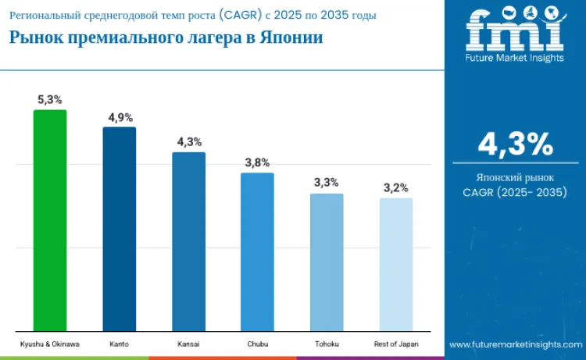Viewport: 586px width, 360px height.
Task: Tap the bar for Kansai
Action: tap(188, 241)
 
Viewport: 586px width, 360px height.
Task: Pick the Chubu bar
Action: tap(257, 251)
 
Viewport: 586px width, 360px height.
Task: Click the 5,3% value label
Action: tap(50, 100)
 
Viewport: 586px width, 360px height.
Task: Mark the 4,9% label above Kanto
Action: tap(120, 117)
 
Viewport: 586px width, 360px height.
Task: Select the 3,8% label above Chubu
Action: tap(257, 162)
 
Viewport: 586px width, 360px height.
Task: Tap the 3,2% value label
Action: tap(395, 188)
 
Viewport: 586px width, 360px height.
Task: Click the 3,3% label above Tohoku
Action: tap(327, 183)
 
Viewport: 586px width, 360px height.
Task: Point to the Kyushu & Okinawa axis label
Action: tap(50, 344)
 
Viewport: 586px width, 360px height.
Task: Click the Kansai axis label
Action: tap(188, 344)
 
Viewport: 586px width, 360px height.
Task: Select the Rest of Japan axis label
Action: tap(395, 344)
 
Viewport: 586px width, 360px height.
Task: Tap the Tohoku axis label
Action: tap(327, 344)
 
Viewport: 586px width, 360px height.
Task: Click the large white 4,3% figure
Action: tap(515, 144)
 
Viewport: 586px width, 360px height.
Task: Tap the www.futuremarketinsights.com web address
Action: tap(515, 344)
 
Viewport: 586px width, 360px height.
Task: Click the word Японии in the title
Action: tap(288, 38)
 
